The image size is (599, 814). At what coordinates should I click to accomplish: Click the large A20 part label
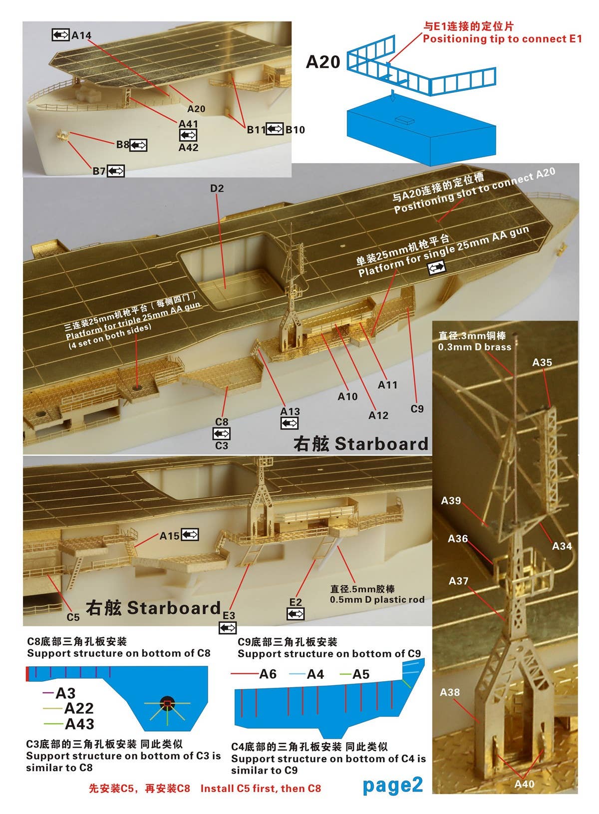(323, 62)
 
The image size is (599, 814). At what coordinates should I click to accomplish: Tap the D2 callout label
(217, 188)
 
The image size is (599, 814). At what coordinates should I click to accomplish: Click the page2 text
(392, 785)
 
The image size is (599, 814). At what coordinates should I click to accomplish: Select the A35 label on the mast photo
(542, 362)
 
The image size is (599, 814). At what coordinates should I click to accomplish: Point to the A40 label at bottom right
(524, 784)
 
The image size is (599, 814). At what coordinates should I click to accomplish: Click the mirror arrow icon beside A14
(60, 35)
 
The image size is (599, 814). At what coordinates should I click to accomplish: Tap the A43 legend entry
(79, 724)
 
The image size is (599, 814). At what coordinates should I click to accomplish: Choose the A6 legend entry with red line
(268, 674)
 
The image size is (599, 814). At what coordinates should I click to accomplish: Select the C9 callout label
(417, 409)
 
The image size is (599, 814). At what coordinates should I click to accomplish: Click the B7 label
(99, 171)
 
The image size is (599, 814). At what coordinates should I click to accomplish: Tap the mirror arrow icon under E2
(296, 614)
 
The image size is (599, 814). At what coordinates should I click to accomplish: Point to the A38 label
(450, 692)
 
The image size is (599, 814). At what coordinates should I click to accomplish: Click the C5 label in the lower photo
(73, 617)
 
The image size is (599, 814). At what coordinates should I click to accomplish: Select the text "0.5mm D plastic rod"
(377, 599)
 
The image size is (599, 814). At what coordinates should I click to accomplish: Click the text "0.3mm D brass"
(475, 347)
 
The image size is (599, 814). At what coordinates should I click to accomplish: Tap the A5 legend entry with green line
(361, 674)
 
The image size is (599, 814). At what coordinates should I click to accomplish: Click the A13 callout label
(290, 412)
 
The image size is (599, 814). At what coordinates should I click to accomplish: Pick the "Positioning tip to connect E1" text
(502, 39)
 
